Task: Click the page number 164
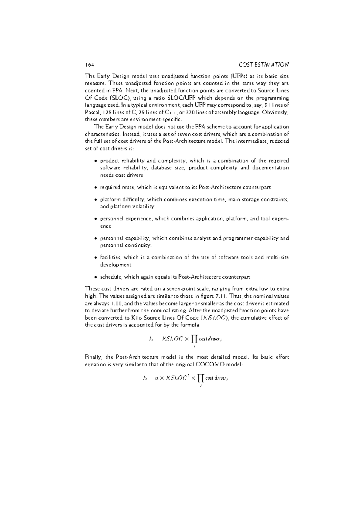(x=89, y=65)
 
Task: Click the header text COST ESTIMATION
(x=264, y=64)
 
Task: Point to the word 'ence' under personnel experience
(x=105, y=226)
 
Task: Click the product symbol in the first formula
(x=194, y=339)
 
